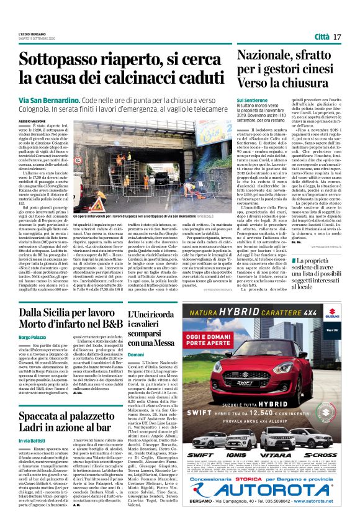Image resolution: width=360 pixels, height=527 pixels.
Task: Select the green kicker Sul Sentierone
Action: pyautogui.click(x=251, y=100)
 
